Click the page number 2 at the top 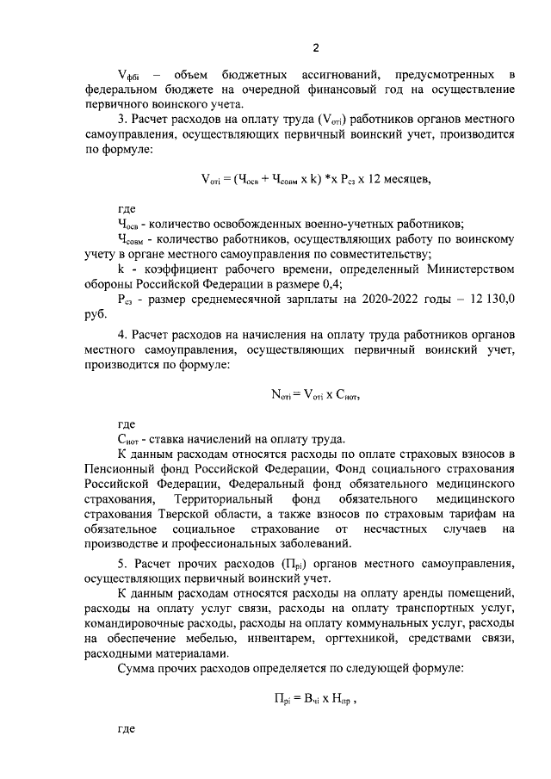pos(315,46)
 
